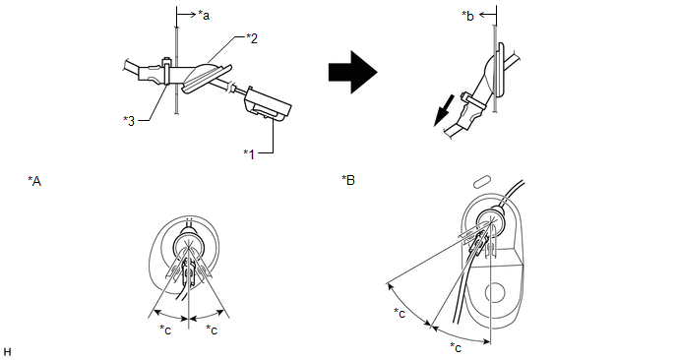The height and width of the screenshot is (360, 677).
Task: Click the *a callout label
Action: tap(204, 16)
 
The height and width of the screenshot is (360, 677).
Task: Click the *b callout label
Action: tap(467, 16)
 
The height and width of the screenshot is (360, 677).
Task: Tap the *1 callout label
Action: tap(250, 153)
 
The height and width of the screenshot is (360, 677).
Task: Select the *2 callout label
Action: tap(252, 38)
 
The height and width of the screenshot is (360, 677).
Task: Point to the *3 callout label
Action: tap(129, 121)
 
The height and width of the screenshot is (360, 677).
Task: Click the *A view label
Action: tap(34, 181)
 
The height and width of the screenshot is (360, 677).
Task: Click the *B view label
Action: tap(348, 180)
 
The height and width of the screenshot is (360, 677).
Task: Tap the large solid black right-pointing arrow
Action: tap(352, 72)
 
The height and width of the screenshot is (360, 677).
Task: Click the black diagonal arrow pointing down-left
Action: tap(444, 111)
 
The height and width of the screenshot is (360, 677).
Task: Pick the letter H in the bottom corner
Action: tap(7, 351)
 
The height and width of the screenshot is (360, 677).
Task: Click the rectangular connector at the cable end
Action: tap(268, 103)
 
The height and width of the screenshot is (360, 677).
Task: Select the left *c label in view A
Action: tap(165, 330)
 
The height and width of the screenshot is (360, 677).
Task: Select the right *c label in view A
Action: tap(212, 330)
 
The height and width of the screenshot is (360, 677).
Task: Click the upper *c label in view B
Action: tap(400, 313)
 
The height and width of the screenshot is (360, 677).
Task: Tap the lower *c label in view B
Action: tap(456, 347)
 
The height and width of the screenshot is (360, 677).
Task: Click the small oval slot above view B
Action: tap(483, 181)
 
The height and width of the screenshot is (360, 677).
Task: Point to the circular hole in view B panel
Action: tap(495, 293)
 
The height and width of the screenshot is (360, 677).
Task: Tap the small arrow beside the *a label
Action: tap(186, 15)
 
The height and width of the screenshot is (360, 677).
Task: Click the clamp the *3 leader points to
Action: tap(165, 70)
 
